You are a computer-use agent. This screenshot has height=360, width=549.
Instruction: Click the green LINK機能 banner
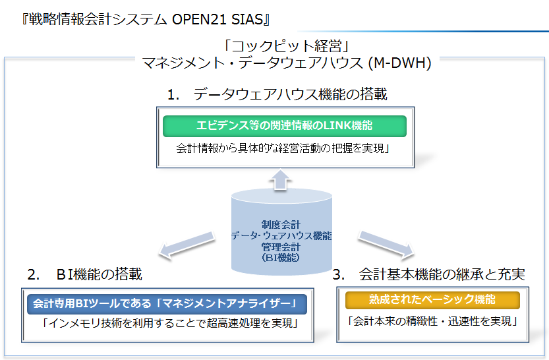(284, 126)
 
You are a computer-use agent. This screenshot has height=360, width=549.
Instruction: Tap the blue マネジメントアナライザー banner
(167, 304)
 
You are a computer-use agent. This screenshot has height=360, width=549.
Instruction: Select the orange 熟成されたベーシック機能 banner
(432, 300)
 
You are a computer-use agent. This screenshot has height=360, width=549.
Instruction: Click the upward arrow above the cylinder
(280, 179)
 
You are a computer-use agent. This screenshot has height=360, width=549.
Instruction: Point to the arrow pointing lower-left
(187, 245)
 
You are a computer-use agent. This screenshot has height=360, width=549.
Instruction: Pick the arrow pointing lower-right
(386, 245)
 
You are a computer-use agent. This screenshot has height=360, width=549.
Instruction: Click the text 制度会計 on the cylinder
(281, 224)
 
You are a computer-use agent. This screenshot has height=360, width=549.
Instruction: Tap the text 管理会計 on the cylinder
(281, 247)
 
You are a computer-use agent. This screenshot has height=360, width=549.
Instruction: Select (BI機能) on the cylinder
(281, 258)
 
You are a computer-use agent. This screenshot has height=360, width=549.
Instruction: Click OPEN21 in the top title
(199, 19)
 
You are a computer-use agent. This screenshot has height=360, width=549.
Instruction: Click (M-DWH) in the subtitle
(400, 63)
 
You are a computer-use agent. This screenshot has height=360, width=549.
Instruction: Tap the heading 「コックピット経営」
(287, 46)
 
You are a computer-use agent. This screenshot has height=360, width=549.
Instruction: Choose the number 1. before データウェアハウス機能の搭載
(173, 94)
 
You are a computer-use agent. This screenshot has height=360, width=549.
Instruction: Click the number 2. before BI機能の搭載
(34, 274)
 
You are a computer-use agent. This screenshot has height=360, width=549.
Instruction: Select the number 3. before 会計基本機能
(339, 274)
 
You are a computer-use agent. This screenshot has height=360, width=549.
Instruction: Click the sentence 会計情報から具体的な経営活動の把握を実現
(283, 148)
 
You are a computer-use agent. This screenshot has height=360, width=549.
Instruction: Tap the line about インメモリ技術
(170, 322)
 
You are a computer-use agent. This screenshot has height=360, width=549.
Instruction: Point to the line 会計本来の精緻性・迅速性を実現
(432, 321)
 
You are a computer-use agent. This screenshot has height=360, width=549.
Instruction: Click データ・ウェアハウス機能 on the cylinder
(281, 235)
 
